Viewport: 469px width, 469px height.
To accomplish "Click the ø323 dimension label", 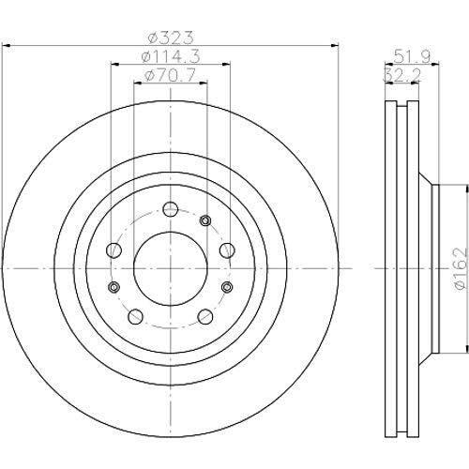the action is click(x=171, y=38).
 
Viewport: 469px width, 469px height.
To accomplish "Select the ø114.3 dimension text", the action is click(x=171, y=56).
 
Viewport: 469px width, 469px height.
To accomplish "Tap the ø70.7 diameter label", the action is click(x=171, y=75).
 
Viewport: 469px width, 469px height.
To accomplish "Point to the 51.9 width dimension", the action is click(x=412, y=56).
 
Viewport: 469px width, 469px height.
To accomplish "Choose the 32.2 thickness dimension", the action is click(x=402, y=75).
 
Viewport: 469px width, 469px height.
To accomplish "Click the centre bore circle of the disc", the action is click(x=171, y=268).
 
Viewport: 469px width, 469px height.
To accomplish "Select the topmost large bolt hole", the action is click(x=171, y=209).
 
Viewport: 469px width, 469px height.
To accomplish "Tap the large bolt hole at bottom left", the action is click(x=135, y=317).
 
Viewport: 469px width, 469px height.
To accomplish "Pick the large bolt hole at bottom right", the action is click(x=205, y=317).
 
